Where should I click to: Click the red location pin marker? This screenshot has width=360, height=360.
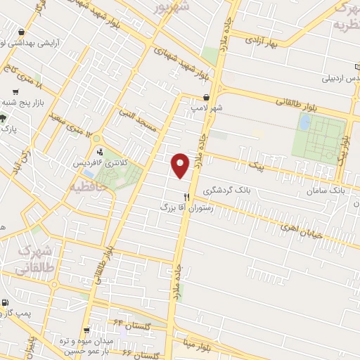pos(181,165)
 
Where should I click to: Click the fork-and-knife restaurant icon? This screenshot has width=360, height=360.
pos(186,197)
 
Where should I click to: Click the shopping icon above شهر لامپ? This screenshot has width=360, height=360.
pos(206,98)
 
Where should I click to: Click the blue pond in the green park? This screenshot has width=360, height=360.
pos(304,122)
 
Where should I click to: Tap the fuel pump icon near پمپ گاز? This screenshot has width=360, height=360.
pos(5,303)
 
